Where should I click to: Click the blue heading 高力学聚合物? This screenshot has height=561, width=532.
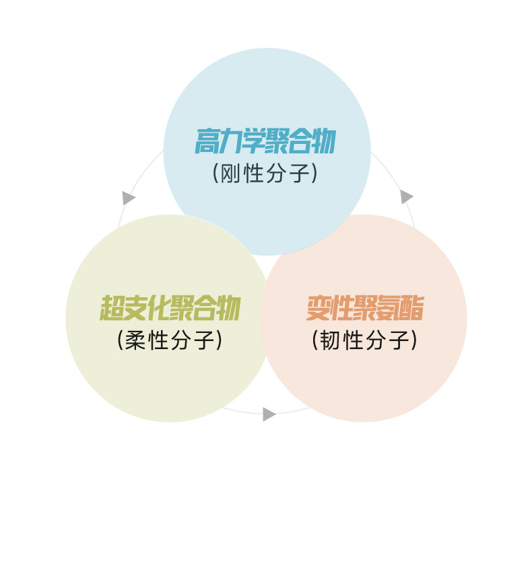[265, 142]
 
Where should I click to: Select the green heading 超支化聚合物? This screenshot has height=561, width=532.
[170, 309]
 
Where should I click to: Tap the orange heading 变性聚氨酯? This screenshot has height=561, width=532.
[364, 309]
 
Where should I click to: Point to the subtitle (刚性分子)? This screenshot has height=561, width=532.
[265, 174]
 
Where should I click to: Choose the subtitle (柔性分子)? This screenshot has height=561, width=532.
[170, 340]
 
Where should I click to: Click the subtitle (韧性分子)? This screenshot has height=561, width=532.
[364, 340]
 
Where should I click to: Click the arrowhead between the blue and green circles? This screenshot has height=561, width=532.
[128, 198]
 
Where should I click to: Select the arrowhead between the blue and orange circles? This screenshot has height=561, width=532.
[406, 196]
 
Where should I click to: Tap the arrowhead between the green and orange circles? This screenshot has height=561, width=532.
[269, 414]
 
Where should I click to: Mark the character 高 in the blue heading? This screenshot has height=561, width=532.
[207, 142]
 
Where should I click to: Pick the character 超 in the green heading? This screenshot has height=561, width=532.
[112, 309]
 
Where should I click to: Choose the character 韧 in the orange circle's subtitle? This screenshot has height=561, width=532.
[330, 340]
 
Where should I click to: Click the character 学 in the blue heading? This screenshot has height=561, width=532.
[253, 142]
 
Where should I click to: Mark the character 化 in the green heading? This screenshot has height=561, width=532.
[158, 309]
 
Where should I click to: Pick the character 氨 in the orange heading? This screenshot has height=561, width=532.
[388, 309]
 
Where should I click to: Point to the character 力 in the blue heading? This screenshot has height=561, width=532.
[230, 142]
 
